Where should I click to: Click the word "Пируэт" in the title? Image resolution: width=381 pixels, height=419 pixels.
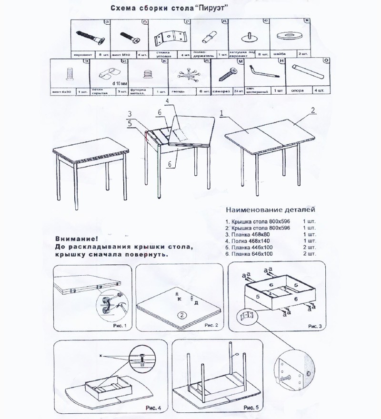[x=209, y=9]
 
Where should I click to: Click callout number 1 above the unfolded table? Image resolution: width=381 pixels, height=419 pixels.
[x=222, y=113]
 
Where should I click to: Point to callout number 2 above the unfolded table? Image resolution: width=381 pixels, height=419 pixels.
[x=313, y=110]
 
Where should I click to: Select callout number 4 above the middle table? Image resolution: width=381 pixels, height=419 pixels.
[x=167, y=102]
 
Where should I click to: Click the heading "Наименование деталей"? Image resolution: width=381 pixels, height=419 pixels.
[x=270, y=209]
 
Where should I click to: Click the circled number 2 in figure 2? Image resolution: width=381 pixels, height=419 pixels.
[x=181, y=315]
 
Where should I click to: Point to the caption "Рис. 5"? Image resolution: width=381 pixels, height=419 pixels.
[x=251, y=408]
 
